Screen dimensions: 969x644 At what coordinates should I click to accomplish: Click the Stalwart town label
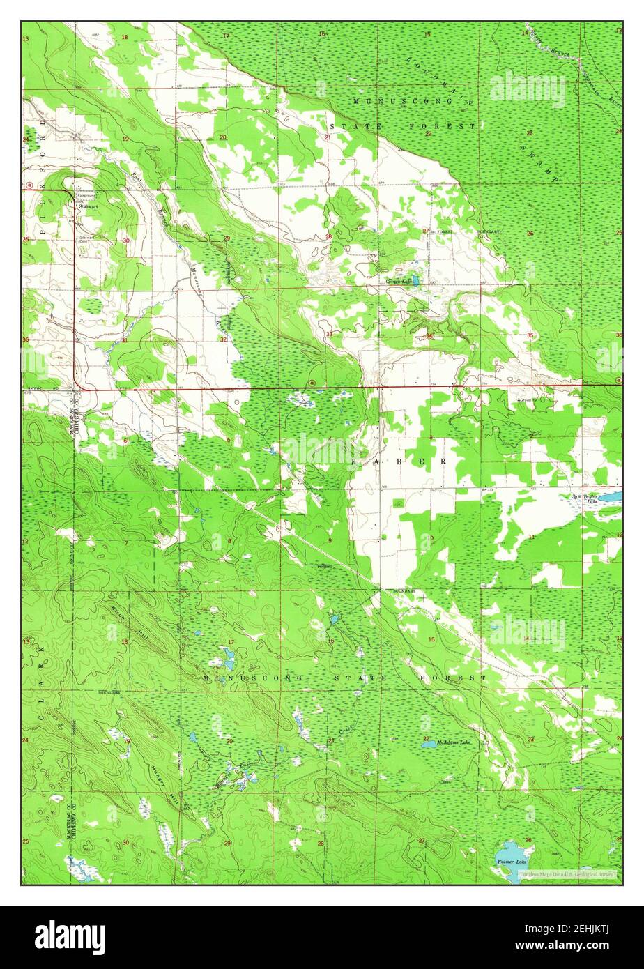[89, 207]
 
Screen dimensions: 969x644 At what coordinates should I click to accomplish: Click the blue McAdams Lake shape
[427, 745]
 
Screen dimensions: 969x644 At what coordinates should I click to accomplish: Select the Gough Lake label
[398, 282]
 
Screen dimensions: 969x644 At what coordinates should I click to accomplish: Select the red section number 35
[531, 335]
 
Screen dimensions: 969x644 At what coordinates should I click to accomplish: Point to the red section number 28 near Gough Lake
[328, 237]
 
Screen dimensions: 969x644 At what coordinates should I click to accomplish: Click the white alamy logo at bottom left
[70, 938]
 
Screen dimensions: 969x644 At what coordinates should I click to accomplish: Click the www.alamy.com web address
[565, 947]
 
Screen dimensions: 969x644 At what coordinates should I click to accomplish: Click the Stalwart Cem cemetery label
[86, 238]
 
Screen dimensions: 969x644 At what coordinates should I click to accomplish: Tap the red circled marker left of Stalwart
[29, 185]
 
